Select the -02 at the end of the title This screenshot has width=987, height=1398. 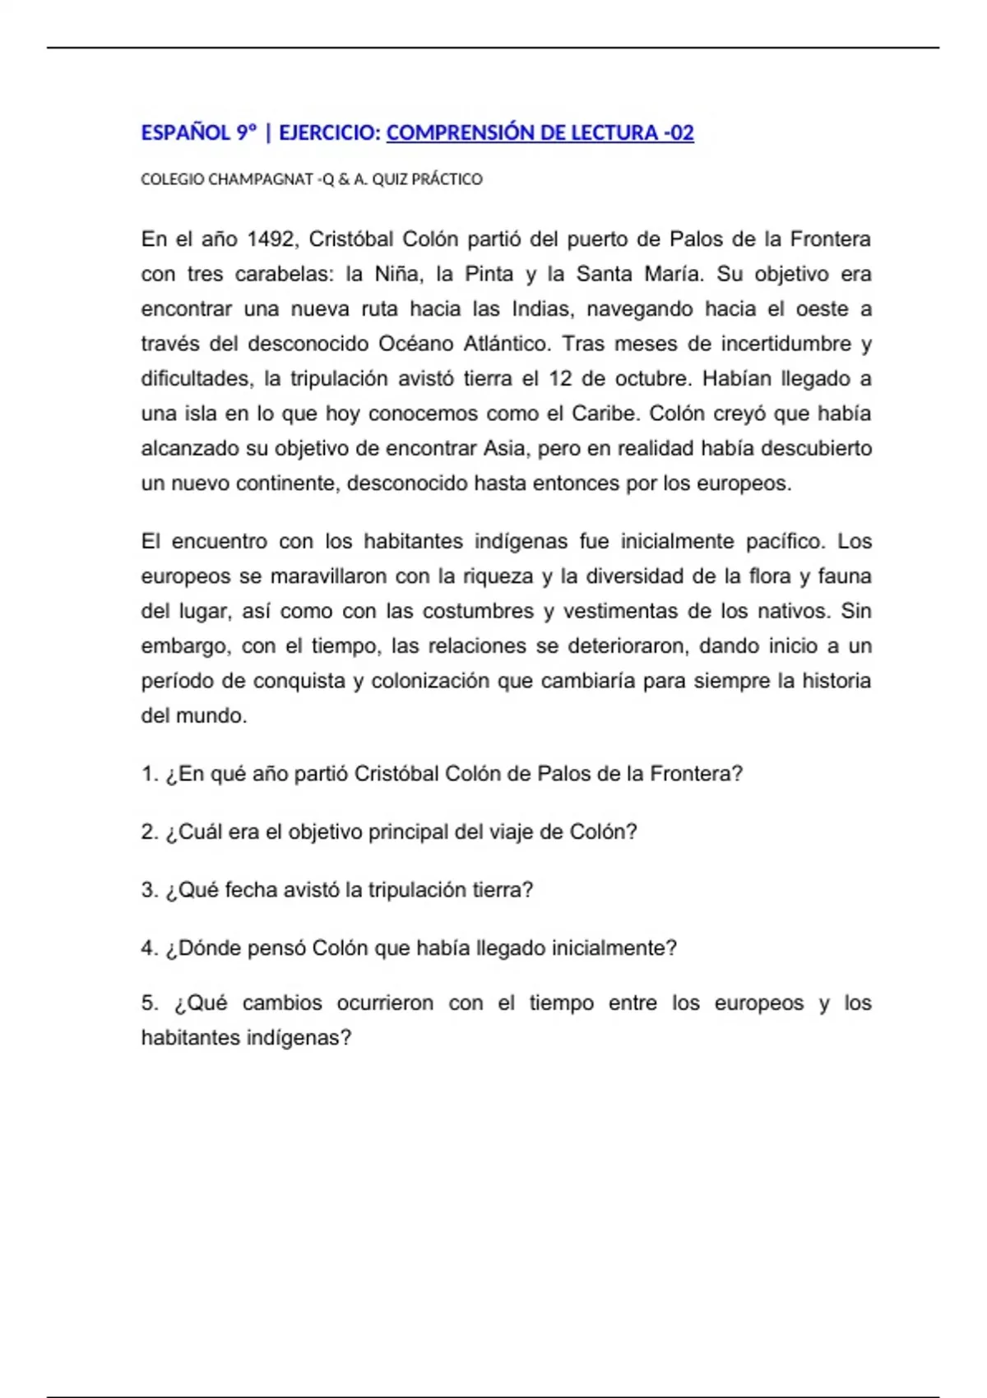(x=679, y=133)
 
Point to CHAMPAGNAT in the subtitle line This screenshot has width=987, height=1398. (x=261, y=179)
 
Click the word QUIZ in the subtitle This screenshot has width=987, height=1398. (x=389, y=179)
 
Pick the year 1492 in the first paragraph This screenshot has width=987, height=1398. (x=271, y=239)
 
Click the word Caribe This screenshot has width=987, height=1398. (x=605, y=414)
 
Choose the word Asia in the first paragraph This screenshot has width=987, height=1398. (x=504, y=448)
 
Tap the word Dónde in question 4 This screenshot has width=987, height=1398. (x=206, y=948)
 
